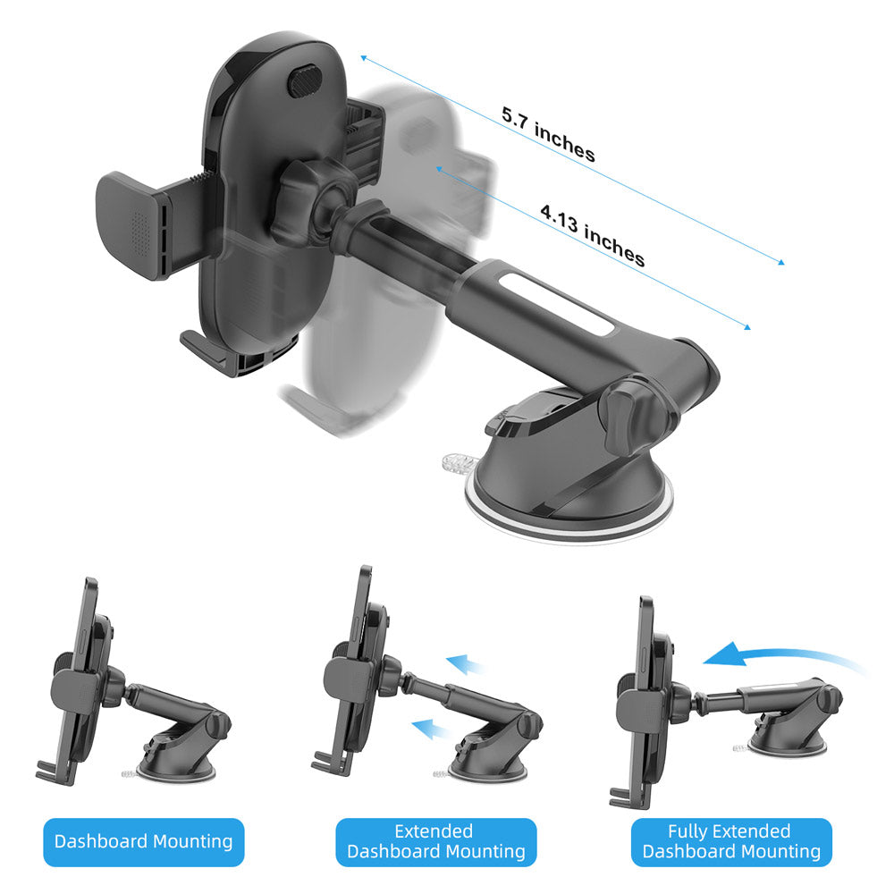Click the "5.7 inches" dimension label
coord(549,134)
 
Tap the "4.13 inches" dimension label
coord(593,235)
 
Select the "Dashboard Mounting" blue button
coord(144,842)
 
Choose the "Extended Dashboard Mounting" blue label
coord(436,842)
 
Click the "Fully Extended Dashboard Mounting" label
coord(731,842)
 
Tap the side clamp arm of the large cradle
coord(149,224)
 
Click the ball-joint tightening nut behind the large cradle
coord(298,202)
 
